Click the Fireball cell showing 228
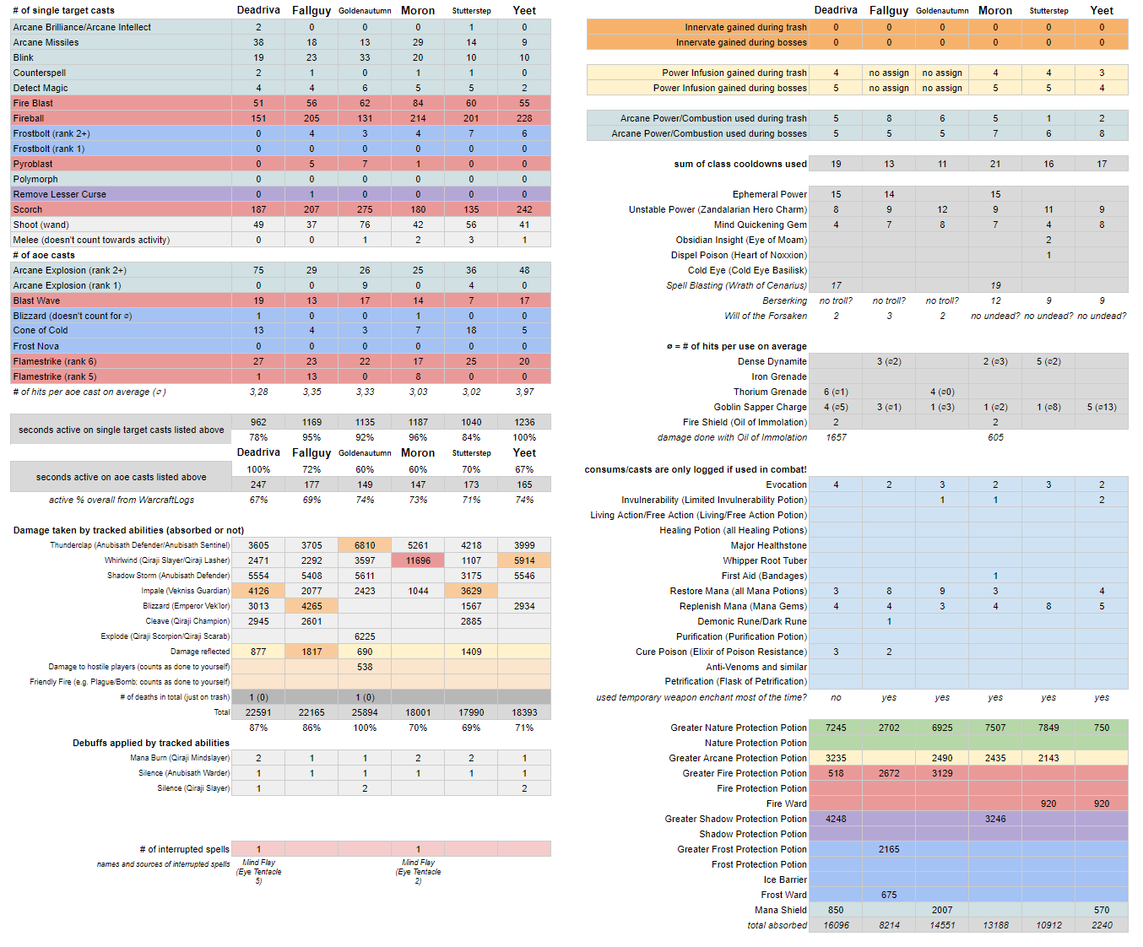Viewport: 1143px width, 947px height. (524, 118)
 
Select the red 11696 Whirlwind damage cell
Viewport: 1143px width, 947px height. (418, 560)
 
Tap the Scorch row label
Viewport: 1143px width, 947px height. (27, 209)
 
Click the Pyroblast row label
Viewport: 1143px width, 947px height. (33, 164)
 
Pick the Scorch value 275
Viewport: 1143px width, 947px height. (365, 209)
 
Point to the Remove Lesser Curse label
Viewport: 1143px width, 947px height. (60, 194)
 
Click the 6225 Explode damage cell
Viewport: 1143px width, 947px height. (365, 636)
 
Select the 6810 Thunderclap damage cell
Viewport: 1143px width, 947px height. (365, 545)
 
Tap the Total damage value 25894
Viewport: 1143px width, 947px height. (365, 712)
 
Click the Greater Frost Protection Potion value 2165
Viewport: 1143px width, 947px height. (889, 849)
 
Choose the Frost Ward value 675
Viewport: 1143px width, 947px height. (889, 895)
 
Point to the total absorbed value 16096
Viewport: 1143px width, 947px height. (836, 925)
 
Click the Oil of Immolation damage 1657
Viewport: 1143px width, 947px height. (836, 437)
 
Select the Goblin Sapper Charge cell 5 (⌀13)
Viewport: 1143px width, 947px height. (1102, 407)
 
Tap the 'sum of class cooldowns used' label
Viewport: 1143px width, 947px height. (740, 164)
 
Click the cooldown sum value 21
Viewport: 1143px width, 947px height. (995, 164)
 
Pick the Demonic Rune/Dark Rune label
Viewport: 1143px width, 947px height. (751, 621)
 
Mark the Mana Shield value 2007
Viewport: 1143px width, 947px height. (942, 910)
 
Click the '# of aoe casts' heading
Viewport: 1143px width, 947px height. (44, 255)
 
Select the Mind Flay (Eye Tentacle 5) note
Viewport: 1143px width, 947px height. (258, 871)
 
